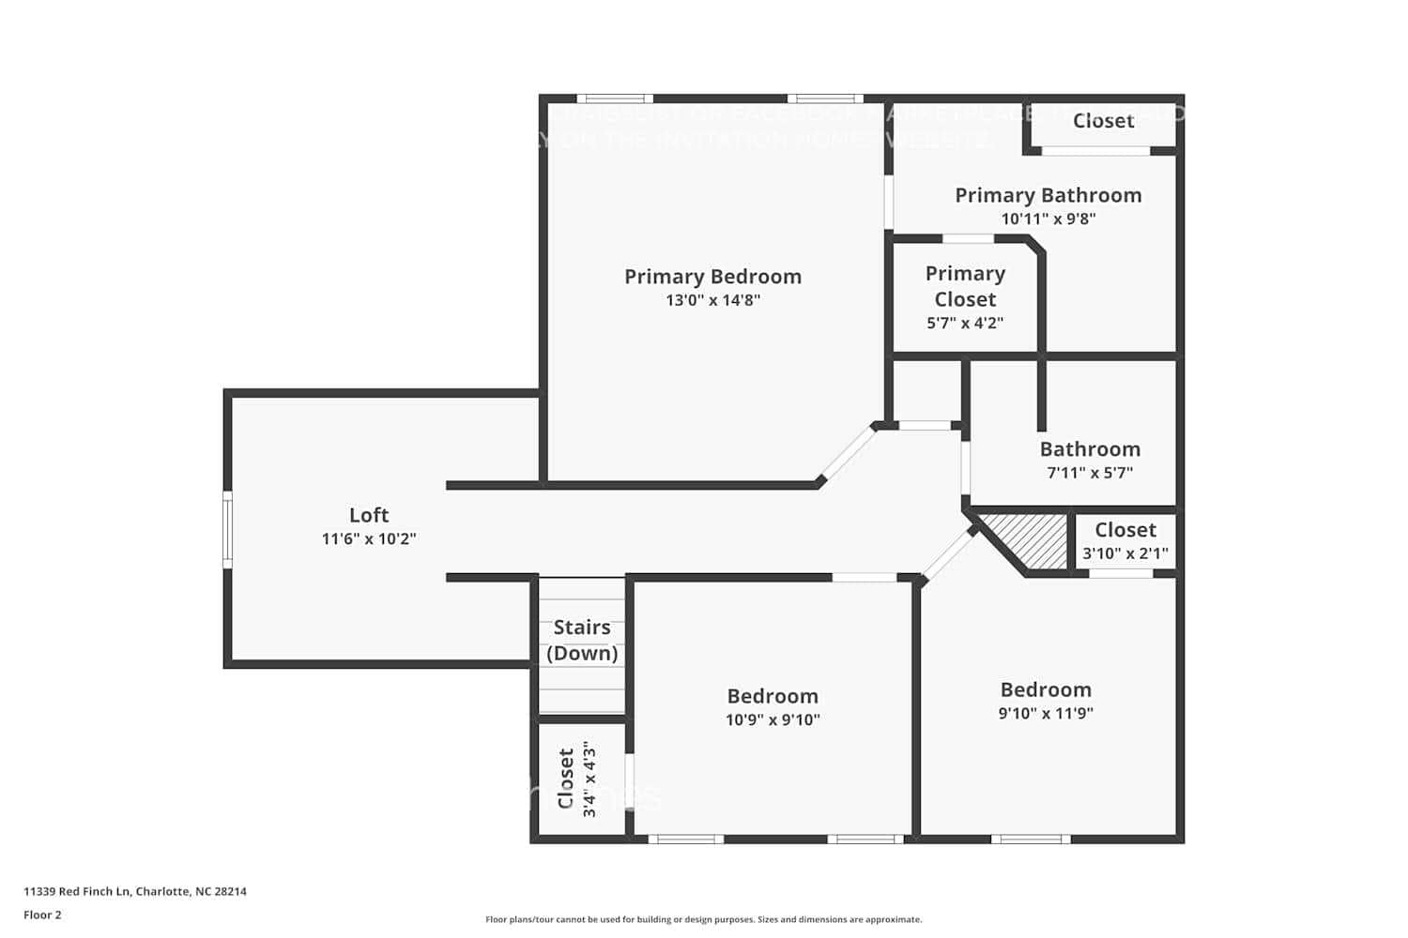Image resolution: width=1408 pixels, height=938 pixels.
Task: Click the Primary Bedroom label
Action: click(712, 277)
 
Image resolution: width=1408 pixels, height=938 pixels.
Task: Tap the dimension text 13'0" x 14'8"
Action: click(712, 300)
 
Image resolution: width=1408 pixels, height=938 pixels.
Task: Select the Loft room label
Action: click(369, 515)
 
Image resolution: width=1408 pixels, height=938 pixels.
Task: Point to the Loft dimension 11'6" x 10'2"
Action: click(369, 538)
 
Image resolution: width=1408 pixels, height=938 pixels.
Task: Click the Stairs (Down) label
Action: click(582, 640)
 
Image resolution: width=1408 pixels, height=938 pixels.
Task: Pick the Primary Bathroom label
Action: click(1048, 195)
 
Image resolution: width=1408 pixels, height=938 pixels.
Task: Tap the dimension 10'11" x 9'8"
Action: click(1048, 219)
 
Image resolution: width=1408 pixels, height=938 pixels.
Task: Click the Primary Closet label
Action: click(965, 286)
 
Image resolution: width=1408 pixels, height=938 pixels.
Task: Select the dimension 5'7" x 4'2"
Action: click(965, 323)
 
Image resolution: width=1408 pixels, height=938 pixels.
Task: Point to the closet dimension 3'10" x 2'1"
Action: click(1125, 553)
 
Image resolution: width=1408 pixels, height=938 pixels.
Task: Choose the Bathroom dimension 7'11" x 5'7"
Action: click(1090, 473)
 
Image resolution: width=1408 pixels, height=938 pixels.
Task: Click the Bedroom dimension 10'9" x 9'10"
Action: click(773, 719)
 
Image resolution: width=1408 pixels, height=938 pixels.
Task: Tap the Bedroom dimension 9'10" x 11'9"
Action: click(1046, 713)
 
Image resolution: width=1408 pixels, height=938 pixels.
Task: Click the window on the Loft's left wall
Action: click(227, 530)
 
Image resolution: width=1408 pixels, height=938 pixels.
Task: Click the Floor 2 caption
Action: click(42, 915)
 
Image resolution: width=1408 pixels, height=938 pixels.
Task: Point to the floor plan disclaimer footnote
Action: click(703, 920)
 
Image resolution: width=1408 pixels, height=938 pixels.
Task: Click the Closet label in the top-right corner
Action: click(1103, 121)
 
